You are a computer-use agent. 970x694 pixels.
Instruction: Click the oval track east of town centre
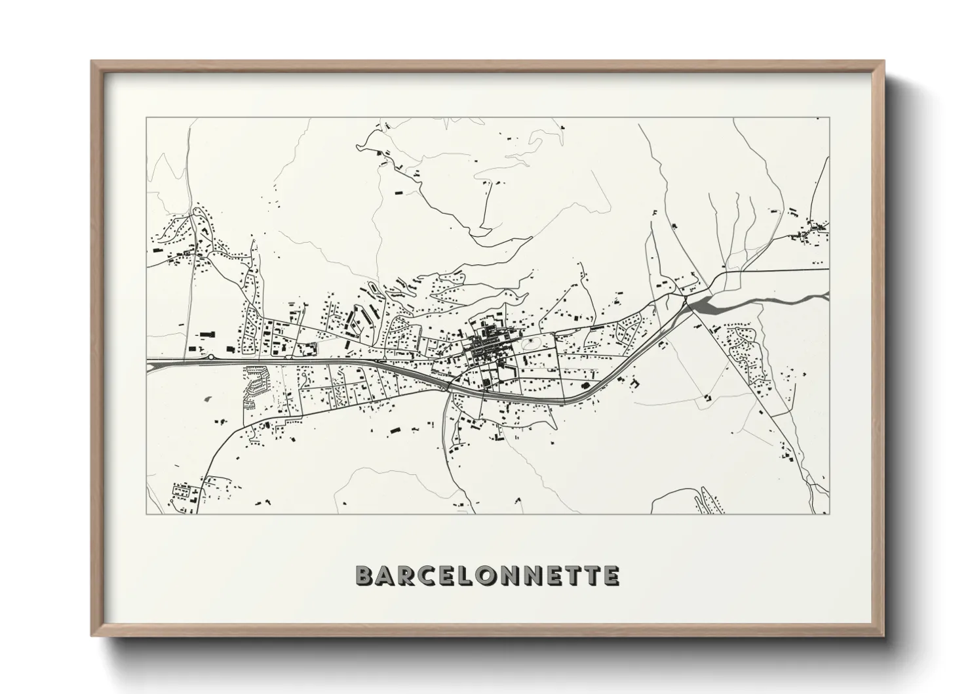click(530, 343)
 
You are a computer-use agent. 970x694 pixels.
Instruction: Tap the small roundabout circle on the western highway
click(210, 357)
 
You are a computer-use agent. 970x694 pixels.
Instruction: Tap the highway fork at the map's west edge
click(152, 362)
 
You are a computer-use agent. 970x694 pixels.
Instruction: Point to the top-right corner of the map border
click(829, 118)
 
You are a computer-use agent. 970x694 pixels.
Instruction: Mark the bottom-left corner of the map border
click(146, 514)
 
